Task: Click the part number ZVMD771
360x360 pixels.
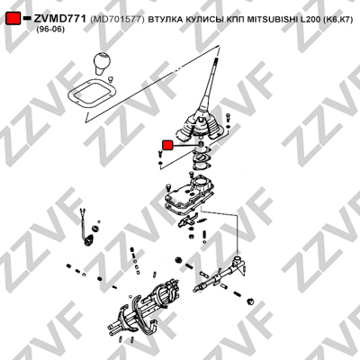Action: point(60,19)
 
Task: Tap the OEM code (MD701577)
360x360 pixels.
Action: point(117,20)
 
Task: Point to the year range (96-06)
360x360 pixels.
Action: point(50,30)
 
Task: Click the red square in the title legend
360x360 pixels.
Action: point(13,19)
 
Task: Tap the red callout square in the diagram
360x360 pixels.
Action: point(167,145)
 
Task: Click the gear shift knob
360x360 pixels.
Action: point(103,63)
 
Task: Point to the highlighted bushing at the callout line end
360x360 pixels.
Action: point(202,145)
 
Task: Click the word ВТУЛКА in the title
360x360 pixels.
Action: point(165,20)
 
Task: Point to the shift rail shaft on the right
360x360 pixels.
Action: point(220,274)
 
